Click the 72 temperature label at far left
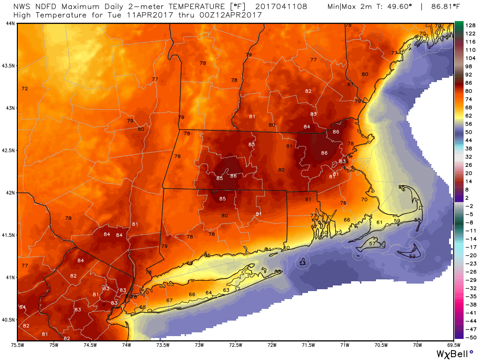(25, 89)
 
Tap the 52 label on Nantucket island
(412, 256)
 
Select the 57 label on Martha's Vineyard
(372, 244)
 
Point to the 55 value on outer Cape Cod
(418, 220)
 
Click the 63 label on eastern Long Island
(226, 290)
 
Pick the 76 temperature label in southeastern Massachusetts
(343, 203)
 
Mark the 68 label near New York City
(142, 307)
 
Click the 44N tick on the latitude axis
(9, 23)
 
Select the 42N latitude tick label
(9, 193)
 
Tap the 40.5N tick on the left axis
(8, 320)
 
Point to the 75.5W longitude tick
(18, 345)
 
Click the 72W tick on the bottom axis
(272, 345)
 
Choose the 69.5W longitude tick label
(453, 345)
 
